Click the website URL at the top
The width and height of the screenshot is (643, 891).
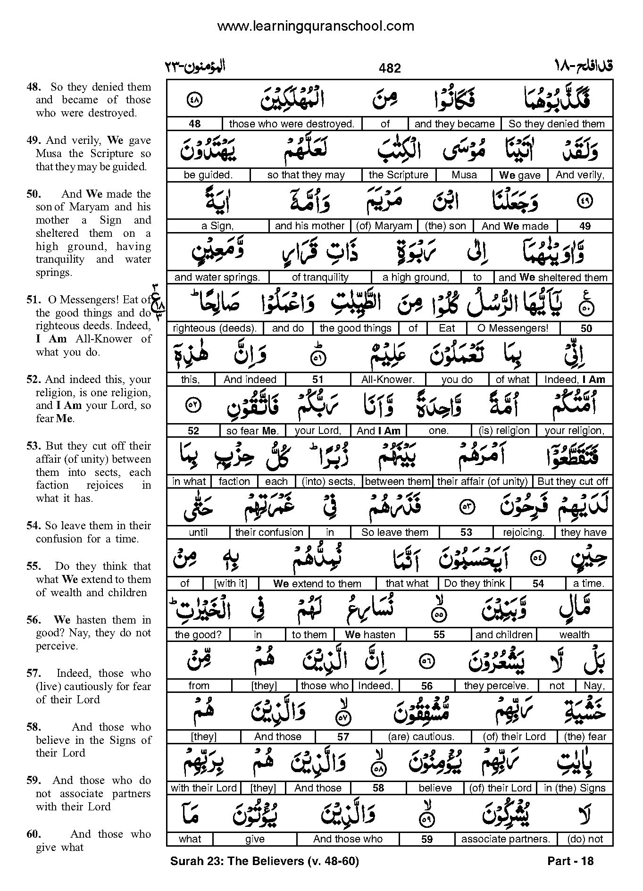(316, 26)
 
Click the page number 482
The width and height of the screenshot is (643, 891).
(390, 68)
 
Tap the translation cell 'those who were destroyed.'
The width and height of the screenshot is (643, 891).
(292, 124)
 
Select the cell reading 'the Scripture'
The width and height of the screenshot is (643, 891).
(398, 175)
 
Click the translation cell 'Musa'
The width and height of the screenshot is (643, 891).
(464, 175)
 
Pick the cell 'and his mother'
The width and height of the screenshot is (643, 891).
(309, 226)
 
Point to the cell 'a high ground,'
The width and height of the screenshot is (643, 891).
(416, 277)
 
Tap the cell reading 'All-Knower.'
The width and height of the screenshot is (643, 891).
(388, 379)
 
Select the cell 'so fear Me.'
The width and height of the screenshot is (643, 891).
(253, 431)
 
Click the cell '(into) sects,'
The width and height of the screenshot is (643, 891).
(328, 482)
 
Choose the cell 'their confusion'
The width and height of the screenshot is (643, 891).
(269, 533)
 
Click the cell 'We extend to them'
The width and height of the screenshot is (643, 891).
(317, 583)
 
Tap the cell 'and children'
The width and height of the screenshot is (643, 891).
(504, 635)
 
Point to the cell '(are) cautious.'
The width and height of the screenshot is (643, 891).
(421, 737)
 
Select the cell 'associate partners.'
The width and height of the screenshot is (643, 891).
(506, 839)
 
